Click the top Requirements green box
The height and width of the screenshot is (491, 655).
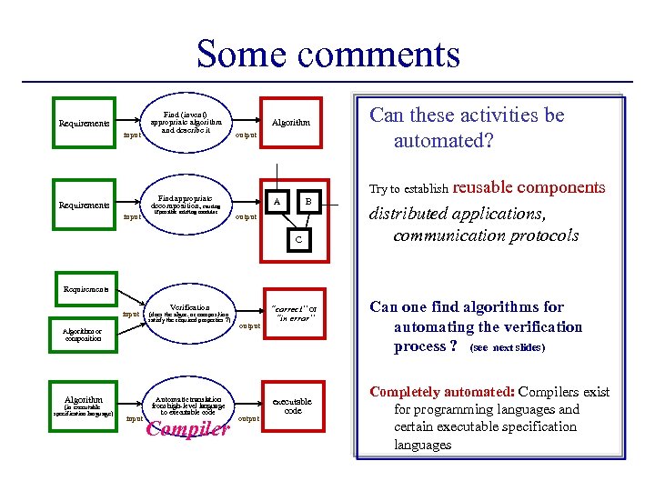[x=84, y=123]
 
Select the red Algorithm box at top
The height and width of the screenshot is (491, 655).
[x=290, y=122]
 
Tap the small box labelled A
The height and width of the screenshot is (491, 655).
[x=277, y=201]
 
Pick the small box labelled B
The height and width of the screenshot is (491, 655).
[x=307, y=201]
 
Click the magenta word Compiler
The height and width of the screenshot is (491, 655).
[x=187, y=429]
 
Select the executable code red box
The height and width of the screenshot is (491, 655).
[x=291, y=406]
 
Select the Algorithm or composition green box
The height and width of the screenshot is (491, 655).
[x=84, y=335]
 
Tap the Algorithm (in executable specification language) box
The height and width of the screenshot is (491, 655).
[x=84, y=406]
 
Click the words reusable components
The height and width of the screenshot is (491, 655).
[x=528, y=187]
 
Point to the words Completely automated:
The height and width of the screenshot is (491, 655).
[x=442, y=392]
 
